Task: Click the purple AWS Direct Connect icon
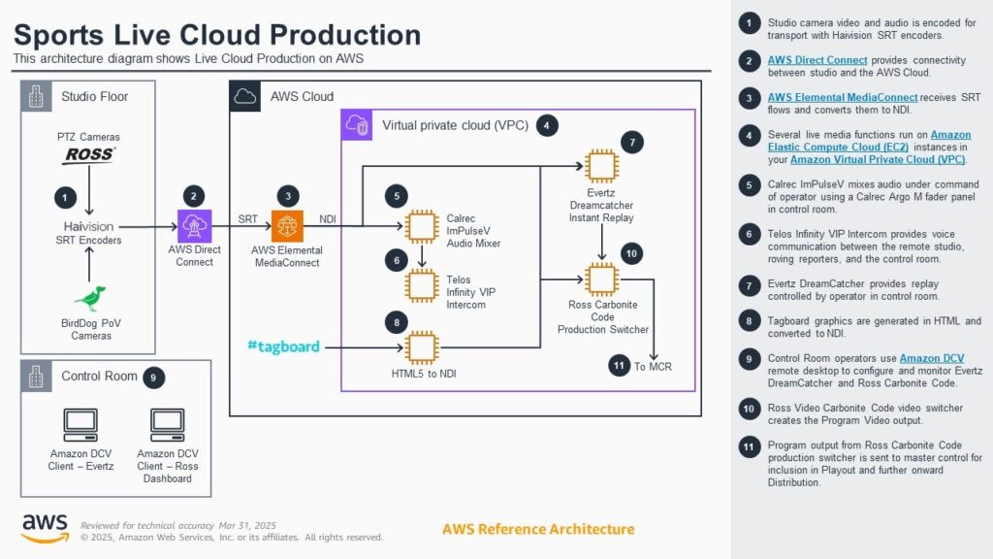pyautogui.click(x=194, y=226)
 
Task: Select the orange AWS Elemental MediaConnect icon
pyautogui.click(x=287, y=226)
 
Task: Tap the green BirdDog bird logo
pyautogui.click(x=90, y=298)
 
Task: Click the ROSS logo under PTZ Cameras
pyautogui.click(x=88, y=154)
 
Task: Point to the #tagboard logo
pyautogui.click(x=283, y=346)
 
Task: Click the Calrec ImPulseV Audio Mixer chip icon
pyautogui.click(x=422, y=226)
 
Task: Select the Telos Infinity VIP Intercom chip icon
pyautogui.click(x=422, y=285)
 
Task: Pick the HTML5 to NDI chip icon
pyautogui.click(x=422, y=347)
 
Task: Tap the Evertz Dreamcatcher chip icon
pyautogui.click(x=601, y=166)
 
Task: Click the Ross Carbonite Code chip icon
pyautogui.click(x=601, y=279)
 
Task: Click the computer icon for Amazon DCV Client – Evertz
pyautogui.click(x=80, y=425)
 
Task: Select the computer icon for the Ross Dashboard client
pyautogui.click(x=167, y=425)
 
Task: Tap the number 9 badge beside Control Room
pyautogui.click(x=153, y=378)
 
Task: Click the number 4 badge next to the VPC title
pyautogui.click(x=547, y=125)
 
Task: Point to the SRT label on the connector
pyautogui.click(x=247, y=219)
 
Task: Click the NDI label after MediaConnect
pyautogui.click(x=328, y=219)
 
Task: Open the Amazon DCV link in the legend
pyautogui.click(x=932, y=358)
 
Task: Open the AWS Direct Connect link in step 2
pyautogui.click(x=817, y=60)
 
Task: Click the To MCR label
pyautogui.click(x=653, y=366)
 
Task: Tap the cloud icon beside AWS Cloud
pyautogui.click(x=245, y=96)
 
